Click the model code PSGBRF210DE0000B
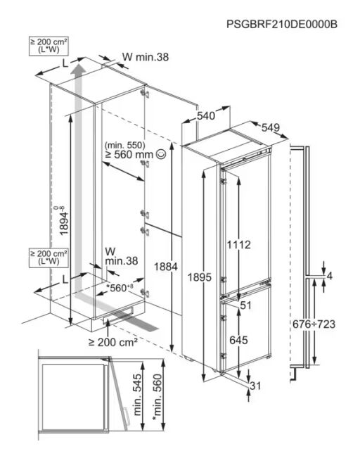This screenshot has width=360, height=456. pyautogui.click(x=281, y=24)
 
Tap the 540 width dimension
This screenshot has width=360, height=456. pyautogui.click(x=206, y=115)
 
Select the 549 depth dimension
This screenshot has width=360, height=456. pyautogui.click(x=271, y=127)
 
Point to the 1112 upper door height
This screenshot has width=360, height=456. pyautogui.click(x=238, y=245)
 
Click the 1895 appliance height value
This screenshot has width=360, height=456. pyautogui.click(x=199, y=277)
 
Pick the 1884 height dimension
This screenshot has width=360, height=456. pyautogui.click(x=166, y=267)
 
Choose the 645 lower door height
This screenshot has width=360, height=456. pyautogui.click(x=238, y=340)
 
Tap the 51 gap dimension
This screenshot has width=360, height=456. pyautogui.click(x=245, y=305)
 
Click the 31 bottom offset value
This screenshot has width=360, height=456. pyautogui.click(x=255, y=386)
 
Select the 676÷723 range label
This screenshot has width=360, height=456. pyautogui.click(x=314, y=324)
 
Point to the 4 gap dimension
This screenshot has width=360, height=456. pyautogui.click(x=329, y=276)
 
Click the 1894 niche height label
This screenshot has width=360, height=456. pyautogui.click(x=63, y=220)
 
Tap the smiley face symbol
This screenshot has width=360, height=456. pyautogui.click(x=161, y=154)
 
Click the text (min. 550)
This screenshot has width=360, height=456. pyautogui.click(x=125, y=144)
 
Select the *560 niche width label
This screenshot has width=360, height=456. pyautogui.click(x=120, y=288)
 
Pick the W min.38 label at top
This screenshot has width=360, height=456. pyautogui.click(x=146, y=57)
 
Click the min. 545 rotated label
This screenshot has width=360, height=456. pyautogui.click(x=138, y=395)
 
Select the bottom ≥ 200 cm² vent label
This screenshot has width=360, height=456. pyautogui.click(x=113, y=342)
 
